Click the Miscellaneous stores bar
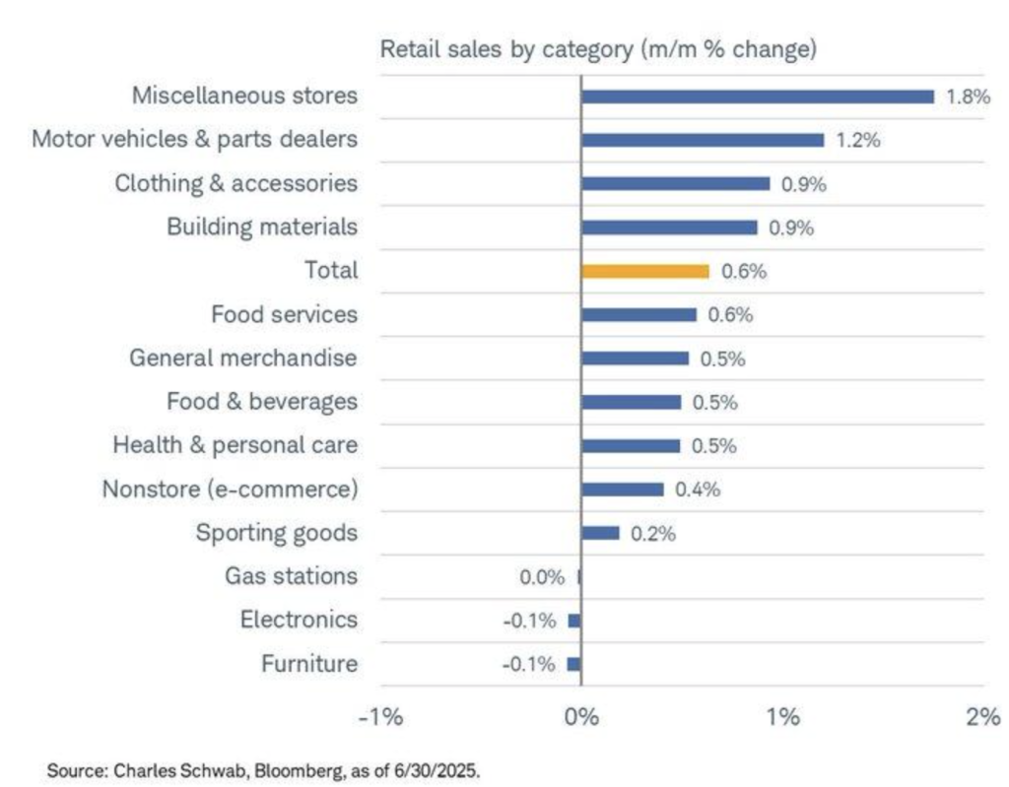pos(757,97)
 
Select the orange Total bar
pos(644,271)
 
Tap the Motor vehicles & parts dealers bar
pos(702,140)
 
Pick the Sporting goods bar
pos(600,533)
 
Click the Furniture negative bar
pos(574,664)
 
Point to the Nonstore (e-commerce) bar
pos(622,490)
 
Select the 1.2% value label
pos(857,140)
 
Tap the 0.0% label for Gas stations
pos(542,577)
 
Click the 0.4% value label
pos(697,490)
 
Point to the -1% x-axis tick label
pos(379,717)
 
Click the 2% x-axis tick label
pos(982,717)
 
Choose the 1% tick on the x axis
pos(782,717)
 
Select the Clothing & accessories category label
pos(235,183)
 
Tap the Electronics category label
pos(299,621)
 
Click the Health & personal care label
pos(235,445)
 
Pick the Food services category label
pos(284,315)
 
